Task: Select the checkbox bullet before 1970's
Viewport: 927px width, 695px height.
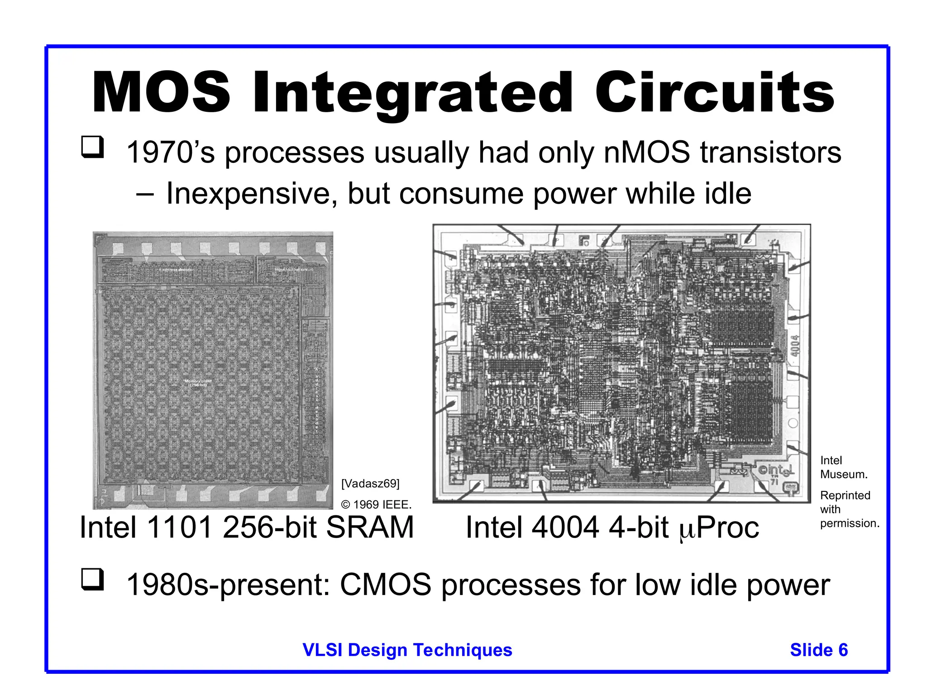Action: pos(92,147)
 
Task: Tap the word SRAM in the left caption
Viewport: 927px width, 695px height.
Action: pos(369,528)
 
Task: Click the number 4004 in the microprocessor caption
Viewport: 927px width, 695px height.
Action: pos(565,528)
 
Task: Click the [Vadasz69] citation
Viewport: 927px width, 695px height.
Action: pos(370,484)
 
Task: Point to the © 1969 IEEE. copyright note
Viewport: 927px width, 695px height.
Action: pos(376,505)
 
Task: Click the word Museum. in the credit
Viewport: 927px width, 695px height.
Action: pos(844,474)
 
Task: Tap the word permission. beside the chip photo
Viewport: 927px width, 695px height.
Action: pos(850,523)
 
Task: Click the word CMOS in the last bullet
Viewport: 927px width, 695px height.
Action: pos(385,585)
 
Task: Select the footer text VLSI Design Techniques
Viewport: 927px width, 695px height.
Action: pos(407,650)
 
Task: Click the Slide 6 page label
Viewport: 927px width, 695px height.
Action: pos(819,650)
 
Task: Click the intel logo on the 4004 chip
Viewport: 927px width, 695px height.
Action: pos(777,471)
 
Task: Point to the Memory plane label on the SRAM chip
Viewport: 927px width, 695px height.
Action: pos(198,383)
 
